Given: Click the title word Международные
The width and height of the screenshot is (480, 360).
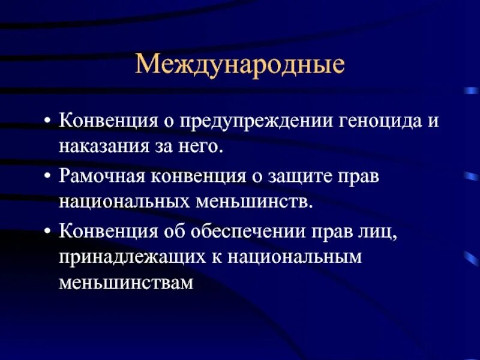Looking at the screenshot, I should (x=240, y=64).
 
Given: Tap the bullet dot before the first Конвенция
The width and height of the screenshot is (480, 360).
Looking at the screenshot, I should (x=47, y=122).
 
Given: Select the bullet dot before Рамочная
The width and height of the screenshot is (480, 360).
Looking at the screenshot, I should (x=47, y=177).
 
